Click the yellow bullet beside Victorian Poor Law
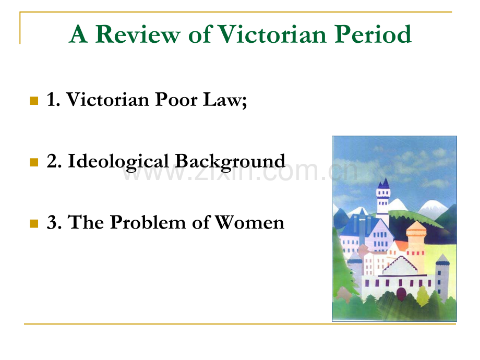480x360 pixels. tap(34, 100)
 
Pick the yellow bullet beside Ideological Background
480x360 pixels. tap(34, 162)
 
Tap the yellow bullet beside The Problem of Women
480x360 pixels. tap(34, 223)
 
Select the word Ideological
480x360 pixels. tap(119, 161)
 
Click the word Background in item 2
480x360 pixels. tap(230, 161)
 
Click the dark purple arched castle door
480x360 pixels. tap(401, 293)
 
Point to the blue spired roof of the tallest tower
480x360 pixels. tap(385, 184)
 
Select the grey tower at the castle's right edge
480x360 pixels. tap(442, 274)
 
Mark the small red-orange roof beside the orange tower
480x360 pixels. tap(401, 245)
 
